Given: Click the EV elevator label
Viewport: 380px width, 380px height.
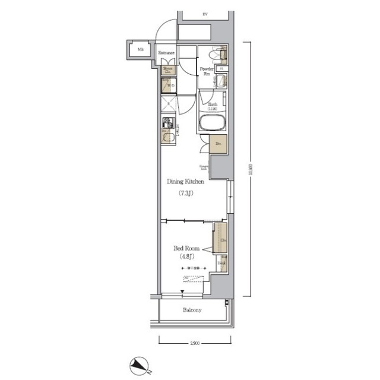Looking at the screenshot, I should click(x=205, y=13).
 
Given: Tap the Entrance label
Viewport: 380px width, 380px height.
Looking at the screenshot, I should click(x=166, y=53).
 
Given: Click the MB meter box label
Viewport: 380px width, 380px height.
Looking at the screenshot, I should click(x=141, y=49).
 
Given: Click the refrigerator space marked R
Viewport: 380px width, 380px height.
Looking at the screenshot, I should click(x=168, y=105).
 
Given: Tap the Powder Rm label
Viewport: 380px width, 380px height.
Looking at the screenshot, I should click(x=207, y=71).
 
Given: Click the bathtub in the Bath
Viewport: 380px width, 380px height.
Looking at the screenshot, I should click(x=212, y=125).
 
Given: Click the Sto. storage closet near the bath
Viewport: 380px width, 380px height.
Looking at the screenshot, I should click(x=217, y=144).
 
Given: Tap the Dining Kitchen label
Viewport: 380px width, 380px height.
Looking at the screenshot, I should click(x=186, y=182).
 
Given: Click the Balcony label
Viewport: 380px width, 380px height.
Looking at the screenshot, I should click(x=192, y=310).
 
